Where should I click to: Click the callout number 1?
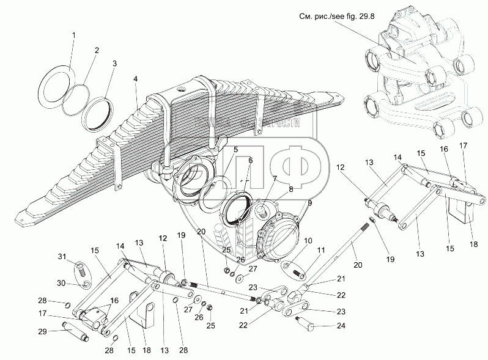pyautogui.click(x=74, y=36)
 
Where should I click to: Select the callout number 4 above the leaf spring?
pyautogui.click(x=136, y=78)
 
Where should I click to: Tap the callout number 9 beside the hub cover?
pyautogui.click(x=309, y=202)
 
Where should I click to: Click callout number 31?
pyautogui.click(x=62, y=255)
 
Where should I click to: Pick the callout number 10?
pyautogui.click(x=308, y=241)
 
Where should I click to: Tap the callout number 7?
pyautogui.click(x=275, y=179)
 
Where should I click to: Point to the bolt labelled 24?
pyautogui.click(x=311, y=321)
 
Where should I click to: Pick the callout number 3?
pyautogui.click(x=114, y=63)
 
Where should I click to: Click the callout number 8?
pyautogui.click(x=291, y=189)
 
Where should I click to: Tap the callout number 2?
pyautogui.click(x=96, y=49)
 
